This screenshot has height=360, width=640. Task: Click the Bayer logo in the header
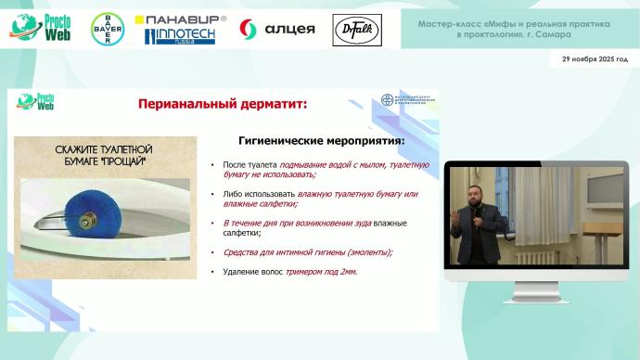(x=109, y=31)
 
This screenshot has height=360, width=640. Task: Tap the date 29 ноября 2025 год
(x=595, y=59)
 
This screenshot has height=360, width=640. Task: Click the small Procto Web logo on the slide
(x=32, y=101)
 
